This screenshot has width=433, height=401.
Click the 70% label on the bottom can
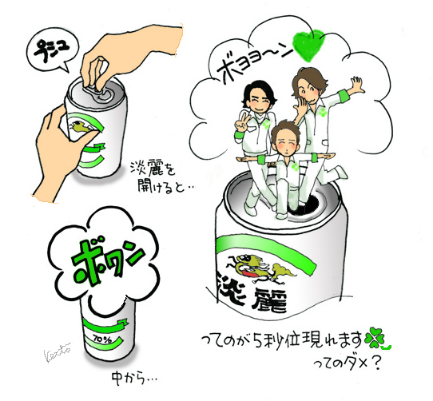[x=99, y=339]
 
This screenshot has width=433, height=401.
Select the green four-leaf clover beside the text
[x=375, y=337]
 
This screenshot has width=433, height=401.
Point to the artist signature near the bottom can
[x=57, y=351]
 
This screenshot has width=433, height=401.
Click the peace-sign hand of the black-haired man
[x=242, y=123]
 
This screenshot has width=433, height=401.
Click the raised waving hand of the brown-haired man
[x=358, y=85]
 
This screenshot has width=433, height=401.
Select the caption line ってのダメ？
[x=347, y=363]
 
